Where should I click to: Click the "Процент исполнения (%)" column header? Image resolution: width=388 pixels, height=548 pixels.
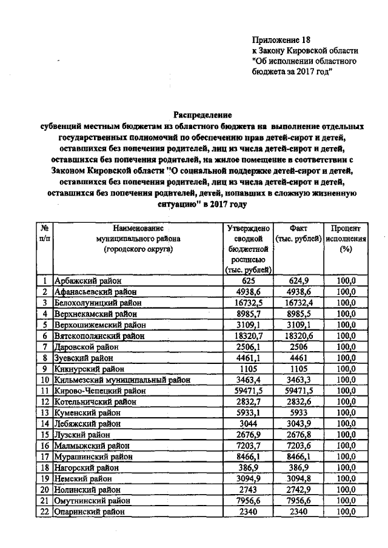346,239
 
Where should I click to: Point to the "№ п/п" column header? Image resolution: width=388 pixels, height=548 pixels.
45,234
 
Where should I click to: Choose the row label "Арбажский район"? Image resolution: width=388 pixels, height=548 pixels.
88,280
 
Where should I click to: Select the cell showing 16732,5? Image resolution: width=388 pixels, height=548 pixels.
248,302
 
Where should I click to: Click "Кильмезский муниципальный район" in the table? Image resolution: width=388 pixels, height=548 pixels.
122,380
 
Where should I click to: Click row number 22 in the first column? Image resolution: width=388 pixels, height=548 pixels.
45,512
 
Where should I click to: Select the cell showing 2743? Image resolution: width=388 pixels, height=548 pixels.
248,490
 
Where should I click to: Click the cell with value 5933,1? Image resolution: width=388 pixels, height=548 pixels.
248,413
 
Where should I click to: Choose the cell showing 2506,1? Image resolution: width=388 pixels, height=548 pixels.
248,346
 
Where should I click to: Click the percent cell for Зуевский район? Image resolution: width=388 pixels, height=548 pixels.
346,358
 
